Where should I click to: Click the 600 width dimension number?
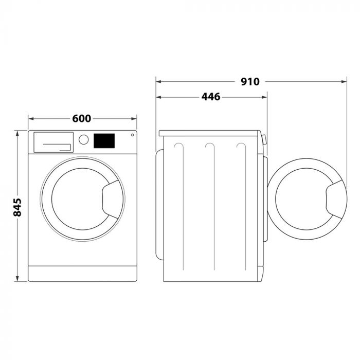coord(82,119)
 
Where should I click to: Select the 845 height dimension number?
coord(17,206)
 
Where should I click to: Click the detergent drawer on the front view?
coord(52,141)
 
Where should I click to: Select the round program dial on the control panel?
coord(83,139)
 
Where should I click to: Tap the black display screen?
coord(104,140)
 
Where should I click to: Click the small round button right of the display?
coord(132,136)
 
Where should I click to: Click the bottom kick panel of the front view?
coord(82,273)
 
